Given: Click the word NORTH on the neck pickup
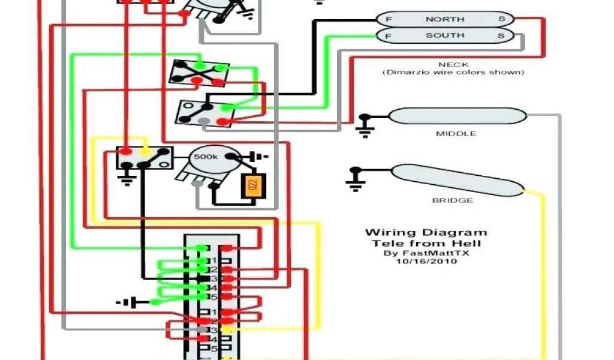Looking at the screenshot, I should pyautogui.click(x=445, y=19).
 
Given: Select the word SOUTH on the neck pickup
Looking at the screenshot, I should pyautogui.click(x=445, y=35).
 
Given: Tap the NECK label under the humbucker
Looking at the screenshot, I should pyautogui.click(x=453, y=64).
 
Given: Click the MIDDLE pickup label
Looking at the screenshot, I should pyautogui.click(x=456, y=133).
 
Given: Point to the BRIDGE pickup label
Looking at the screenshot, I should pyautogui.click(x=453, y=200).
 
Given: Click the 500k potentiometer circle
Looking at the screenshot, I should pyautogui.click(x=206, y=157).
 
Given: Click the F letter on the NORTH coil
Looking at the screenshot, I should pyautogui.click(x=388, y=19).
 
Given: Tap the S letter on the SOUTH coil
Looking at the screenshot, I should pyautogui.click(x=501, y=35).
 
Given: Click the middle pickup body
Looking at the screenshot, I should pyautogui.click(x=457, y=115).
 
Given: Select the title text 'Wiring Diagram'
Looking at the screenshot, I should pyautogui.click(x=426, y=233).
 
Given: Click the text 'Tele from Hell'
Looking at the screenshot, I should pyautogui.click(x=426, y=243).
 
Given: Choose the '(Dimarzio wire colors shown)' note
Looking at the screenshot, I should pyautogui.click(x=453, y=73).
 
